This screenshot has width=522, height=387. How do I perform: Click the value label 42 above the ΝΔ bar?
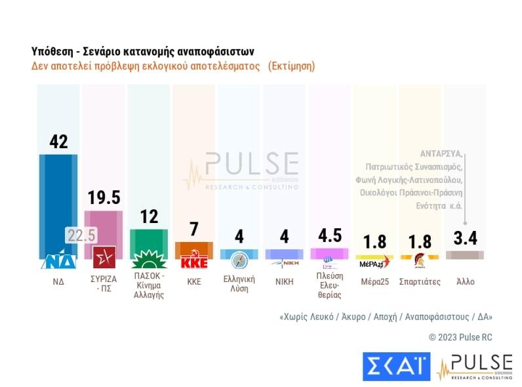point(58,141)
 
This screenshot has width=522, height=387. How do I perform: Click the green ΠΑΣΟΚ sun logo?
point(149,259)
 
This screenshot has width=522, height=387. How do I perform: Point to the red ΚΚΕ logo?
point(194,260)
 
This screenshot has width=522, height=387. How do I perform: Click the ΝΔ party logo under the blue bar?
point(58,260)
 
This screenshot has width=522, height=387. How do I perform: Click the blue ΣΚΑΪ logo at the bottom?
point(397,367)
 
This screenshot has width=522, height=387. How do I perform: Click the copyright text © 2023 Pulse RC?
point(460,337)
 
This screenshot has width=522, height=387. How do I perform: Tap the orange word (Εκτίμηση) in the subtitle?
point(292,66)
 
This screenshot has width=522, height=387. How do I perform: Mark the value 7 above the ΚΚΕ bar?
point(194,229)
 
